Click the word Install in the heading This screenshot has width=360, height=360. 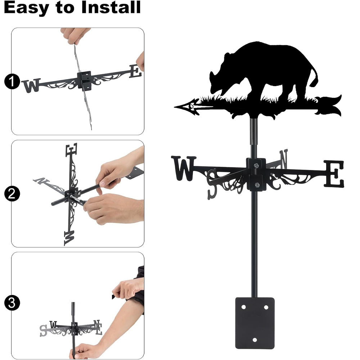coord(111,7)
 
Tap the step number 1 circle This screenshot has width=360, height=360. coord(12,81)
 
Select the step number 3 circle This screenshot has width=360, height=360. coord(12,303)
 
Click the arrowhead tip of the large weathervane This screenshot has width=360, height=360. coord(175,107)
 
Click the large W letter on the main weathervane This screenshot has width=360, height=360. coord(184,168)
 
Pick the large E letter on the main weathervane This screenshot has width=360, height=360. coord(334,174)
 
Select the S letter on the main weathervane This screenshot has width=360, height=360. coord(212,184)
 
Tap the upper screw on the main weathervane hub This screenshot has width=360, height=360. coord(256,165)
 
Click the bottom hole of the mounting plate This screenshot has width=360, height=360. coord(255,339)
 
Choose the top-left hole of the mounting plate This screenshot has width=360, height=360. coord(243,307)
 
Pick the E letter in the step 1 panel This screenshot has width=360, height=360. coord(135,71)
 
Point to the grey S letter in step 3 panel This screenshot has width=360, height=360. coord(43,330)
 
